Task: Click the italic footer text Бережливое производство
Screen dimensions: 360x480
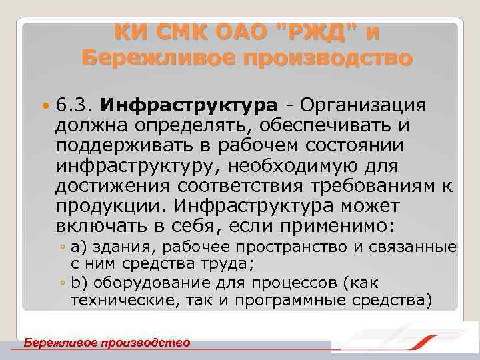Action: (x=107, y=343)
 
